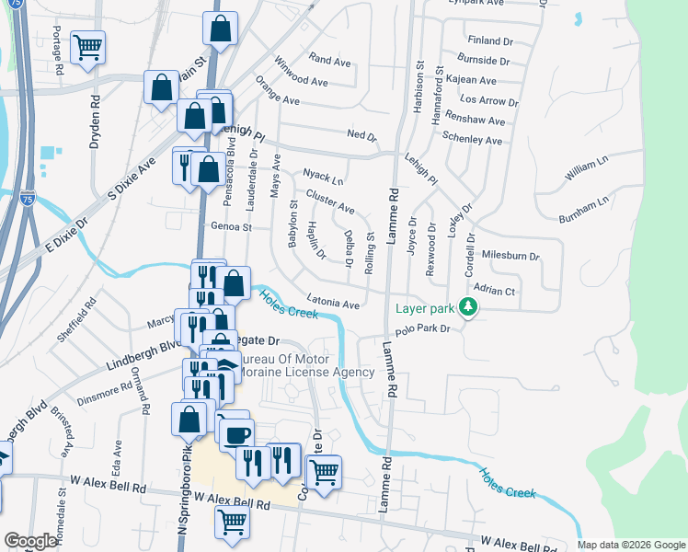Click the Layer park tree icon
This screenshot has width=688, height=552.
tap(469, 307)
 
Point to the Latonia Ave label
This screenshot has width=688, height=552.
tap(332, 303)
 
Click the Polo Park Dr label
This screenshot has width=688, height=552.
tap(421, 328)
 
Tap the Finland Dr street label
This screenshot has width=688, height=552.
tap(489, 41)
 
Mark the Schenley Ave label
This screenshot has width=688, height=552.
tap(472, 141)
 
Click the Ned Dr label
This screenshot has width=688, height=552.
tap(361, 135)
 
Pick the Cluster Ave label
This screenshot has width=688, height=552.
tap(330, 202)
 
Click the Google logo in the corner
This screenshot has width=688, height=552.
tap(29, 541)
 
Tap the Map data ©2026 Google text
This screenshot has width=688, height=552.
tap(631, 545)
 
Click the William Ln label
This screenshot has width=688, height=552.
tap(587, 168)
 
